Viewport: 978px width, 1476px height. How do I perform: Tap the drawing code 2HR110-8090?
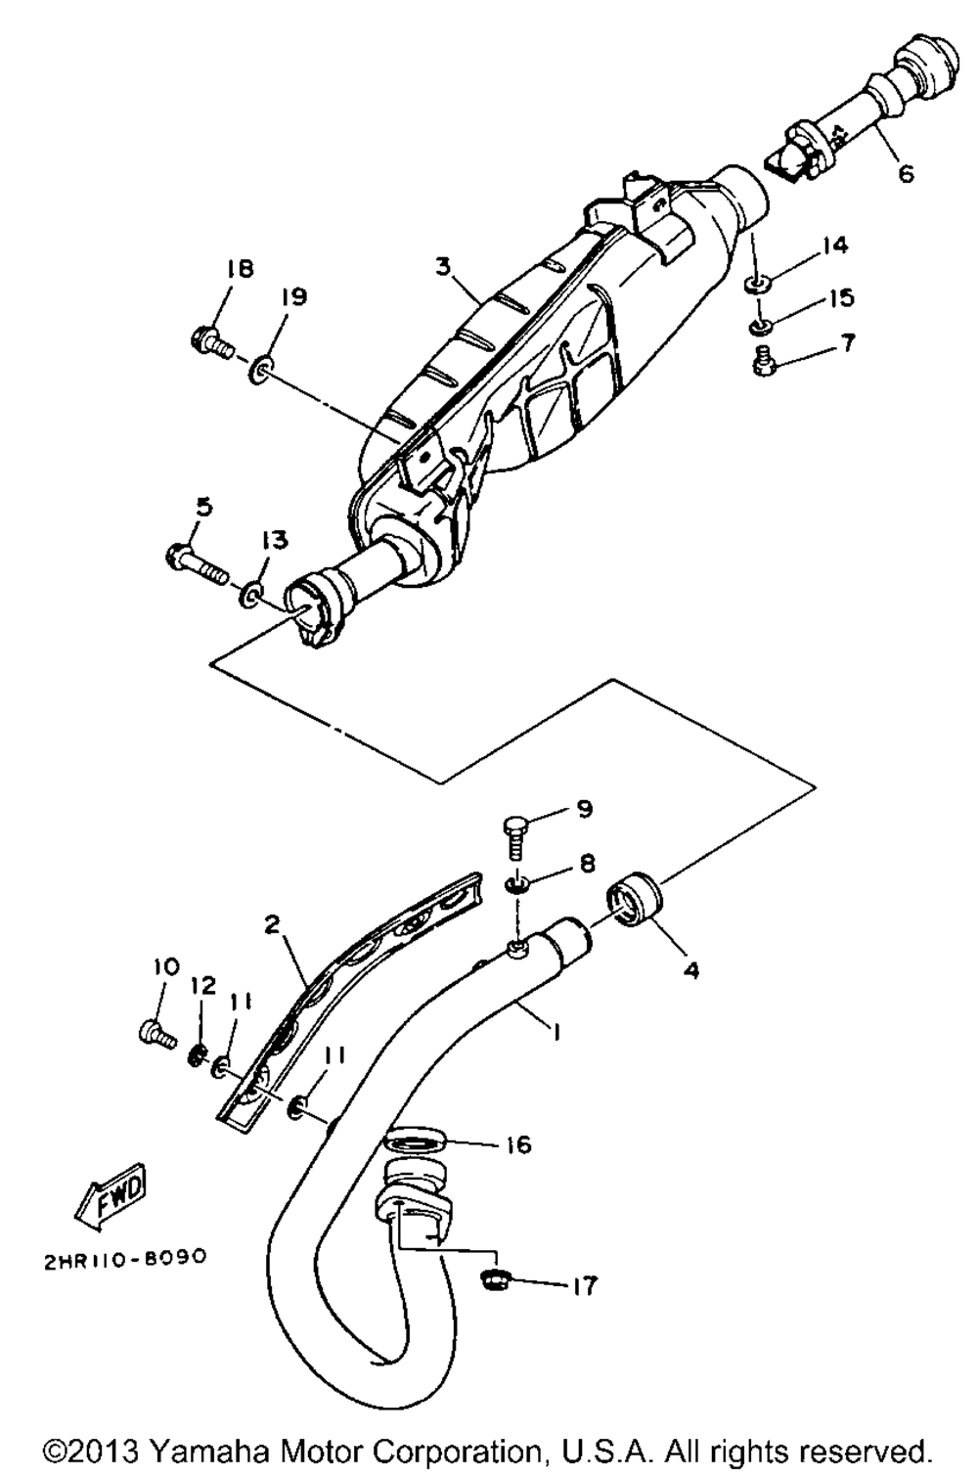coord(125,1257)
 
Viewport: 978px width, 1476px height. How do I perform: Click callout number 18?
coord(240,270)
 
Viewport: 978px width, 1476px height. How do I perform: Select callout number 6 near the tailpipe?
coord(907,173)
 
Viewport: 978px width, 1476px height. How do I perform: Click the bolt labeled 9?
coord(515,836)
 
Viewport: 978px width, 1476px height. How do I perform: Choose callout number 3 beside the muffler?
coord(443,267)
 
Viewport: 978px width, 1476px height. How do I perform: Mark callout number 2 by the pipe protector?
coord(272,923)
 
